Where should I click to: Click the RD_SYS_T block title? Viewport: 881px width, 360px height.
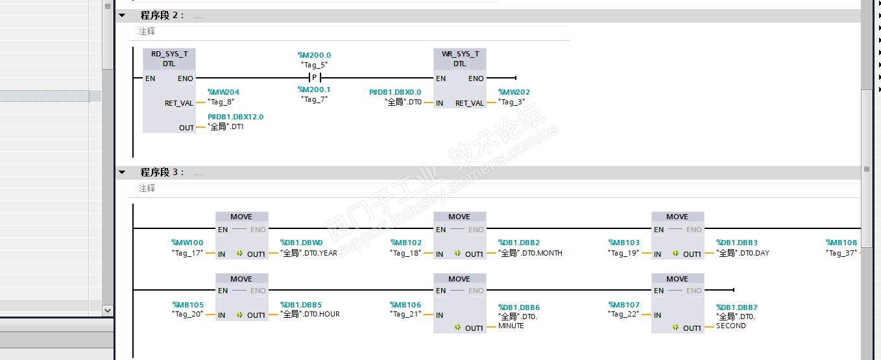point(169,54)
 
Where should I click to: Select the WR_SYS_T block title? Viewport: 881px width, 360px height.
point(460,54)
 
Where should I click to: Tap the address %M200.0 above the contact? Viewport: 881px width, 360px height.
point(315,56)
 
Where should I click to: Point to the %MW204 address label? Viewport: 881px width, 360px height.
point(223,92)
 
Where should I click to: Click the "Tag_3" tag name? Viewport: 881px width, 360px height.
point(512,102)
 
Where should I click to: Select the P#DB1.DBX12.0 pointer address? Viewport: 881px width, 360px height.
point(235,117)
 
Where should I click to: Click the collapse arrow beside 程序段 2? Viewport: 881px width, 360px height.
point(122,15)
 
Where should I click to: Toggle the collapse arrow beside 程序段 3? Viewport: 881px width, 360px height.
point(122,172)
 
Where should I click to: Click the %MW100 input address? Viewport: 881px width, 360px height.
point(187,243)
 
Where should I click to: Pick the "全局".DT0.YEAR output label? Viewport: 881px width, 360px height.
point(309,253)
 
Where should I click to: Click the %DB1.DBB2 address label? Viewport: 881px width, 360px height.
point(519,243)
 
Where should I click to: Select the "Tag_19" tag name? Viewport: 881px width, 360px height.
point(623,253)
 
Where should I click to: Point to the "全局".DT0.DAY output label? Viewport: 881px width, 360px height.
point(743,253)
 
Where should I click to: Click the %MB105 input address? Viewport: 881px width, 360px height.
point(188,305)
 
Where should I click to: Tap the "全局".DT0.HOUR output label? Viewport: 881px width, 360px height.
point(310,314)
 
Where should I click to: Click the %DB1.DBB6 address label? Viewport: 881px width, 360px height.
point(519,307)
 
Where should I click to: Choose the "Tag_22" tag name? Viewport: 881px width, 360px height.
point(623,314)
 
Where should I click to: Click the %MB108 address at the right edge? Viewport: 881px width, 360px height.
point(841,243)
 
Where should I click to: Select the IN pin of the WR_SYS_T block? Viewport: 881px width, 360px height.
point(440,103)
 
